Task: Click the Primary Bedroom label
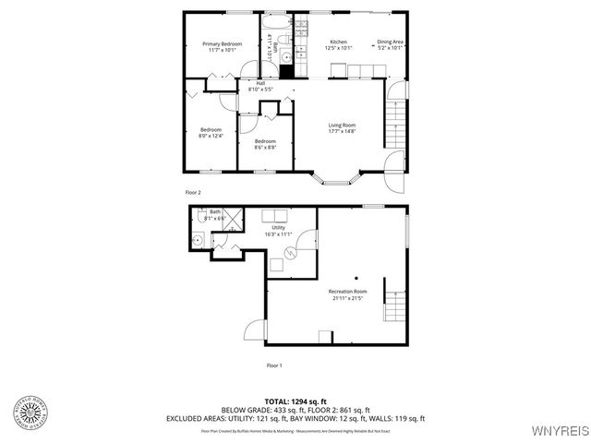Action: point(223,44)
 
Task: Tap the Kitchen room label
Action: point(338,43)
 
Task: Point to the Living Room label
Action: point(343,126)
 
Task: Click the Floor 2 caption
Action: point(193,192)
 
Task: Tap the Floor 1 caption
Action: point(274,365)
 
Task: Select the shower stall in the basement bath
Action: point(234,220)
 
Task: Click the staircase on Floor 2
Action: point(395,121)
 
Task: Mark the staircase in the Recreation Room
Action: point(395,305)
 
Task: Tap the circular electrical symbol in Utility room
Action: point(288,252)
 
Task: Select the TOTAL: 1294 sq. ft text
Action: point(295,401)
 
